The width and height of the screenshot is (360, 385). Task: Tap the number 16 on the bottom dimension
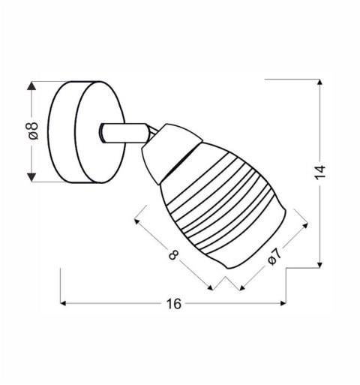[x=173, y=304]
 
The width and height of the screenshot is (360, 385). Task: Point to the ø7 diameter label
[x=274, y=257]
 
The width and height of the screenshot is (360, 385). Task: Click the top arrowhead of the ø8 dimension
[x=32, y=86]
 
